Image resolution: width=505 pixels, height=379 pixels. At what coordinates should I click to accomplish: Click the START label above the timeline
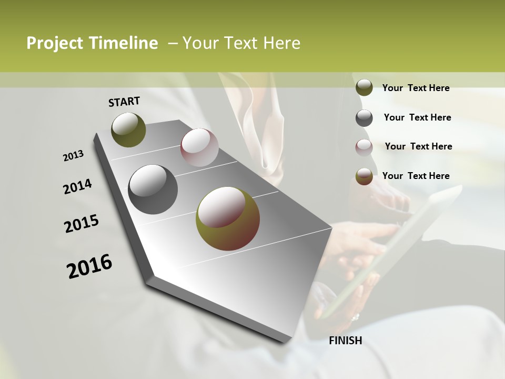click(x=124, y=101)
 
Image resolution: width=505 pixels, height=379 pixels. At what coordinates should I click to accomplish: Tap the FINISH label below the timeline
click(x=345, y=341)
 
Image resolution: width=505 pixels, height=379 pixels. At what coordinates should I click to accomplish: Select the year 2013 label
click(x=73, y=156)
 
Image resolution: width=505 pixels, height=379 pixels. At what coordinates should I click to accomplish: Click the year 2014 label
click(x=77, y=187)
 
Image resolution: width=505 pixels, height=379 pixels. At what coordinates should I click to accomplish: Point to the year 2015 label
click(x=82, y=224)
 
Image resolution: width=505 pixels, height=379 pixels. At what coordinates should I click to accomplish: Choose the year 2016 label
click(x=89, y=266)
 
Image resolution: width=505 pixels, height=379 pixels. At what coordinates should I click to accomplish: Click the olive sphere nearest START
click(x=128, y=129)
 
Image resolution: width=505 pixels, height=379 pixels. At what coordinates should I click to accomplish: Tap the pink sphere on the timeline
click(x=199, y=147)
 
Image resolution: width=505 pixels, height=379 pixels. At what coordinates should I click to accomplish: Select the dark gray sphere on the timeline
click(x=153, y=189)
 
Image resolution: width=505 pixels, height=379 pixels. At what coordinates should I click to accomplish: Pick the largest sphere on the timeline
click(x=227, y=218)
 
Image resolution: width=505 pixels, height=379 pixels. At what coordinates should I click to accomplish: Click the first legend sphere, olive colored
click(x=364, y=87)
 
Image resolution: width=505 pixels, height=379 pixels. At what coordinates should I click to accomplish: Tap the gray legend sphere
click(x=364, y=117)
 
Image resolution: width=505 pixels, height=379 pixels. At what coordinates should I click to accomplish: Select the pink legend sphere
click(x=364, y=147)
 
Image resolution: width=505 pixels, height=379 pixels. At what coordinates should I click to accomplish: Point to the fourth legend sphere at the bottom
click(x=364, y=176)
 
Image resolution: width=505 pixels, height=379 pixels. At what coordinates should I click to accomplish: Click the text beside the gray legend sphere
click(x=417, y=117)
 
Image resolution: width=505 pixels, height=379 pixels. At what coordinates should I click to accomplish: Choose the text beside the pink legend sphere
click(x=418, y=146)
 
